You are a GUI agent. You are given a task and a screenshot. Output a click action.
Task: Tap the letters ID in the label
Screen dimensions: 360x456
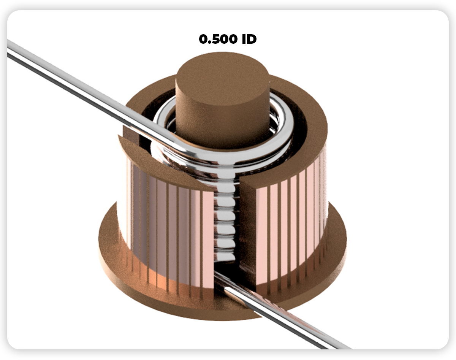tap(249, 39)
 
